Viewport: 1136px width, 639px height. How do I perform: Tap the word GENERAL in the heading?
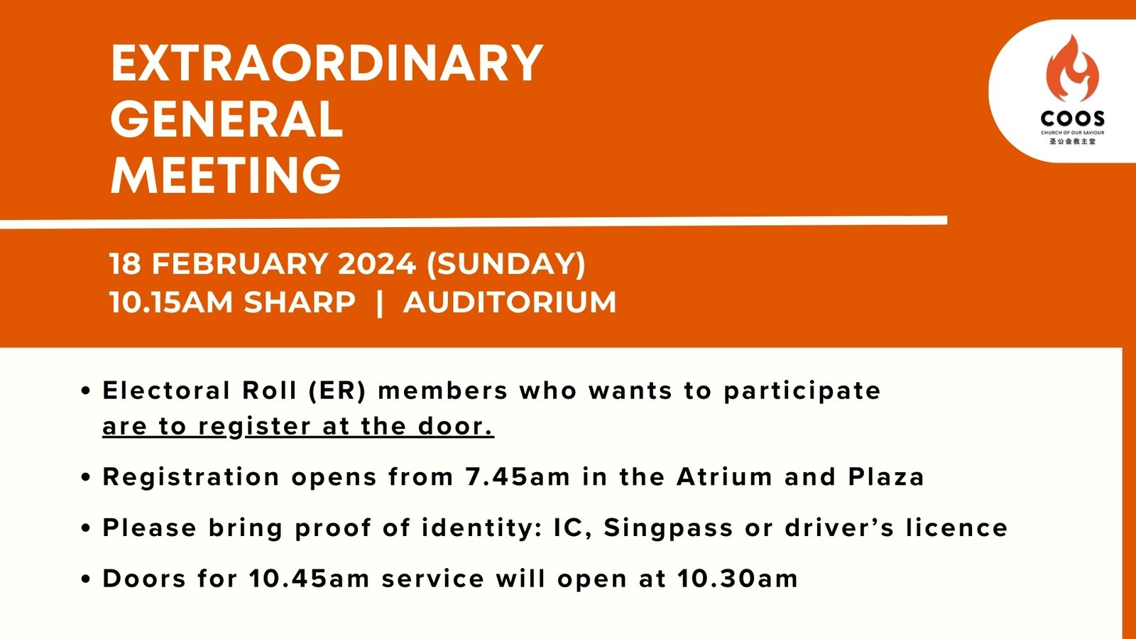click(226, 119)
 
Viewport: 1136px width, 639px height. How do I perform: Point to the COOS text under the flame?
click(1072, 119)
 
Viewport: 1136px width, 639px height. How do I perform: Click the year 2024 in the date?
click(376, 264)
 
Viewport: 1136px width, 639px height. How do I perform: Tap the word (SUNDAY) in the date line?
click(506, 264)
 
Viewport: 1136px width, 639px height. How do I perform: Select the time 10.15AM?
click(171, 302)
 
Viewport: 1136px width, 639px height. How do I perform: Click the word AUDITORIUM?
click(510, 302)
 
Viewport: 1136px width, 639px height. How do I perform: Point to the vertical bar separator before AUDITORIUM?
click(380, 302)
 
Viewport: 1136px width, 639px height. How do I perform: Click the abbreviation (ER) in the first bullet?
click(337, 391)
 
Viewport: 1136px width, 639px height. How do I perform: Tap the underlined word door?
click(455, 426)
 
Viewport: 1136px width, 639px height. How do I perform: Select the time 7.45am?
click(518, 476)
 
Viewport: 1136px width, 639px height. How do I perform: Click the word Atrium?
click(724, 476)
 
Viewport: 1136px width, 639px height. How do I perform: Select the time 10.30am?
click(738, 579)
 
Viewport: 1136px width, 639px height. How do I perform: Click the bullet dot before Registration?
click(86, 477)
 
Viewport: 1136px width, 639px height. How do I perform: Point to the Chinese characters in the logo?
click(1073, 141)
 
